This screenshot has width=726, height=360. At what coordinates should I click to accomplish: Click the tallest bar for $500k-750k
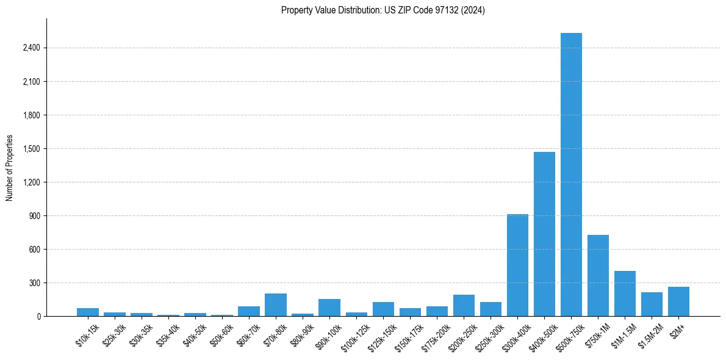(571, 175)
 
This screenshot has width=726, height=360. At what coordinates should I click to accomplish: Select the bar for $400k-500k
(544, 234)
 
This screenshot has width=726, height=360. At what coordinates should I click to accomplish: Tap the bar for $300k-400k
(517, 265)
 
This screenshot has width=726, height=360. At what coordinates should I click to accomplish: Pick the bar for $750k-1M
(598, 276)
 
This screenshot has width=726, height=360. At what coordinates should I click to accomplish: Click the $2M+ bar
(678, 301)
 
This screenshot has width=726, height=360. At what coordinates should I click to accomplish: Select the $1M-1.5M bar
(625, 293)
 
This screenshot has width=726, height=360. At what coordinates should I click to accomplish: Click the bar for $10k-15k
(88, 312)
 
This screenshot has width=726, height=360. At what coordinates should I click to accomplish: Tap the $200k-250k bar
(464, 306)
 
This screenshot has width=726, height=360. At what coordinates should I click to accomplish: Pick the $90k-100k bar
(329, 308)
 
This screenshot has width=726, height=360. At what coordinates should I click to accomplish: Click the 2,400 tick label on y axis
(31, 48)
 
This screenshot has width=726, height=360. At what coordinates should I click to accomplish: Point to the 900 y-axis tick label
(34, 216)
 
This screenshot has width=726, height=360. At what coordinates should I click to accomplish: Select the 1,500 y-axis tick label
(31, 149)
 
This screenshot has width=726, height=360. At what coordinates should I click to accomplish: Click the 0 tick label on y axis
(38, 317)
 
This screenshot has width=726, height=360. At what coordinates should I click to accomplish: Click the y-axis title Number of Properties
(9, 168)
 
